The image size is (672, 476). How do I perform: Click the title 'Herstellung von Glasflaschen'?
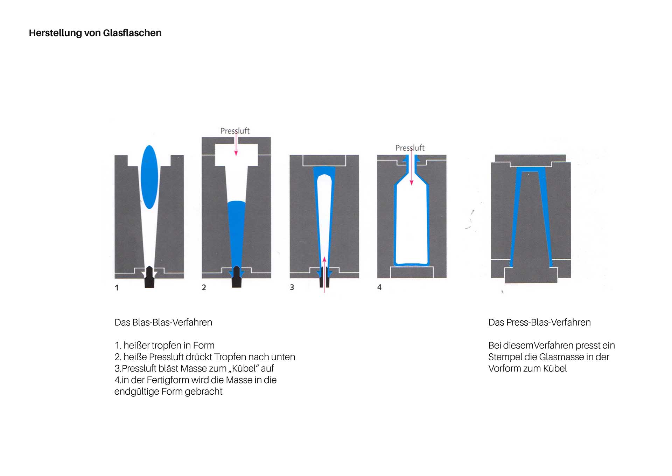click(x=95, y=33)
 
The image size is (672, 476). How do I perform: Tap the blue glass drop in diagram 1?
click(x=149, y=177)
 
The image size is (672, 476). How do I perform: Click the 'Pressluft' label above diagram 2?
click(x=235, y=131)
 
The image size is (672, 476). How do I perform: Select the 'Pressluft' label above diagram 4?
click(x=409, y=148)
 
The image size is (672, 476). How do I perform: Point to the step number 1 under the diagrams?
click(x=117, y=288)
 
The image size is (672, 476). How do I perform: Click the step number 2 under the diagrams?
click(x=204, y=288)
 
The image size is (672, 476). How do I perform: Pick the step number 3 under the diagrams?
click(x=292, y=288)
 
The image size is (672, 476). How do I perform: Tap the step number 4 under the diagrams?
click(x=379, y=287)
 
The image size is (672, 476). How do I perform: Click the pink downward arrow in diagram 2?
click(x=236, y=145)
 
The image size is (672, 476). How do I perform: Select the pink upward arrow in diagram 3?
click(x=324, y=273)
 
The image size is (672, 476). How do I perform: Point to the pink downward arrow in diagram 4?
click(x=412, y=172)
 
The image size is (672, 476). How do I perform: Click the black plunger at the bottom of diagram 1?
click(x=149, y=278)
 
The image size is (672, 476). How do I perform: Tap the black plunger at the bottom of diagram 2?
click(x=237, y=278)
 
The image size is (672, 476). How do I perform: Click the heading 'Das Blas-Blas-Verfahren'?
click(x=163, y=322)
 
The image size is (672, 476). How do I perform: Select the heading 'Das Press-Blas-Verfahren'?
click(x=539, y=322)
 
